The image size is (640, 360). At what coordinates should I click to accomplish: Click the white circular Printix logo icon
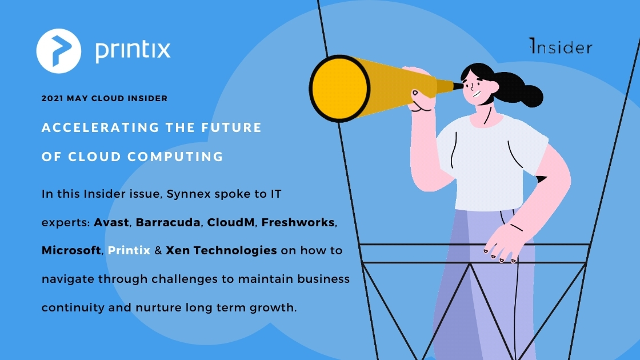pyautogui.click(x=59, y=51)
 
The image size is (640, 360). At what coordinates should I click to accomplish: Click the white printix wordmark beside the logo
pyautogui.click(x=133, y=50)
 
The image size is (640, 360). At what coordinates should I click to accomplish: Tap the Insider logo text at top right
pyautogui.click(x=561, y=46)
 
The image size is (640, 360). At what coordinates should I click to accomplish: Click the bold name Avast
pyautogui.click(x=111, y=222)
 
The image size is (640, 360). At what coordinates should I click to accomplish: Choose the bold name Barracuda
pyautogui.click(x=168, y=222)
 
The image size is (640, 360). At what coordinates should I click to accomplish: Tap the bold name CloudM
pyautogui.click(x=231, y=222)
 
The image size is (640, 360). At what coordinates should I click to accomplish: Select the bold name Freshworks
pyautogui.click(x=298, y=222)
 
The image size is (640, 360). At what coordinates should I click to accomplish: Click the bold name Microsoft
pyautogui.click(x=71, y=251)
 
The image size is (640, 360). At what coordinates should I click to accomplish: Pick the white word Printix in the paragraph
pyautogui.click(x=129, y=251)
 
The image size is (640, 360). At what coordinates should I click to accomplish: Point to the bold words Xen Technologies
pyautogui.click(x=221, y=251)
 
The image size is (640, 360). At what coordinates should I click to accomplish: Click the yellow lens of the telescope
pyautogui.click(x=339, y=89)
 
